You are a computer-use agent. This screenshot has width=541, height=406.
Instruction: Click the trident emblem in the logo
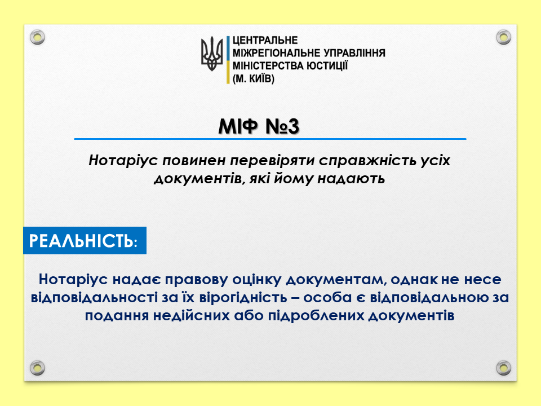(212, 54)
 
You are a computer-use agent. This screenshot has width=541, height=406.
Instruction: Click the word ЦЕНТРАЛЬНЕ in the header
(265, 41)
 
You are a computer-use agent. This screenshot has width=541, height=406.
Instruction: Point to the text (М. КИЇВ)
(254, 79)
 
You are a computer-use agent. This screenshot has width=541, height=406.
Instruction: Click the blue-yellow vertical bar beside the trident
(228, 60)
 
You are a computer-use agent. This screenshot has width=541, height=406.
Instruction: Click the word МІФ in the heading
(238, 126)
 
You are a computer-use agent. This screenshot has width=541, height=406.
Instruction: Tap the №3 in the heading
(282, 126)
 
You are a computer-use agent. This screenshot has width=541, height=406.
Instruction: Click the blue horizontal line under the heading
(270, 139)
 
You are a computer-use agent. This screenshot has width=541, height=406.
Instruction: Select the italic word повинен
(196, 161)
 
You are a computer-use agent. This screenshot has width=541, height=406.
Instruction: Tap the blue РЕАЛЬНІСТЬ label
(85, 241)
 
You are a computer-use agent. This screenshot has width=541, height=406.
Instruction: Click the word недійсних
(192, 316)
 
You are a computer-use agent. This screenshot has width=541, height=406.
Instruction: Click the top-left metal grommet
(37, 37)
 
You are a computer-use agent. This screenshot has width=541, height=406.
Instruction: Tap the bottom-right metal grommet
(503, 368)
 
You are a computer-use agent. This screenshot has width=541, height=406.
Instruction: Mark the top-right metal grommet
(503, 37)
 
